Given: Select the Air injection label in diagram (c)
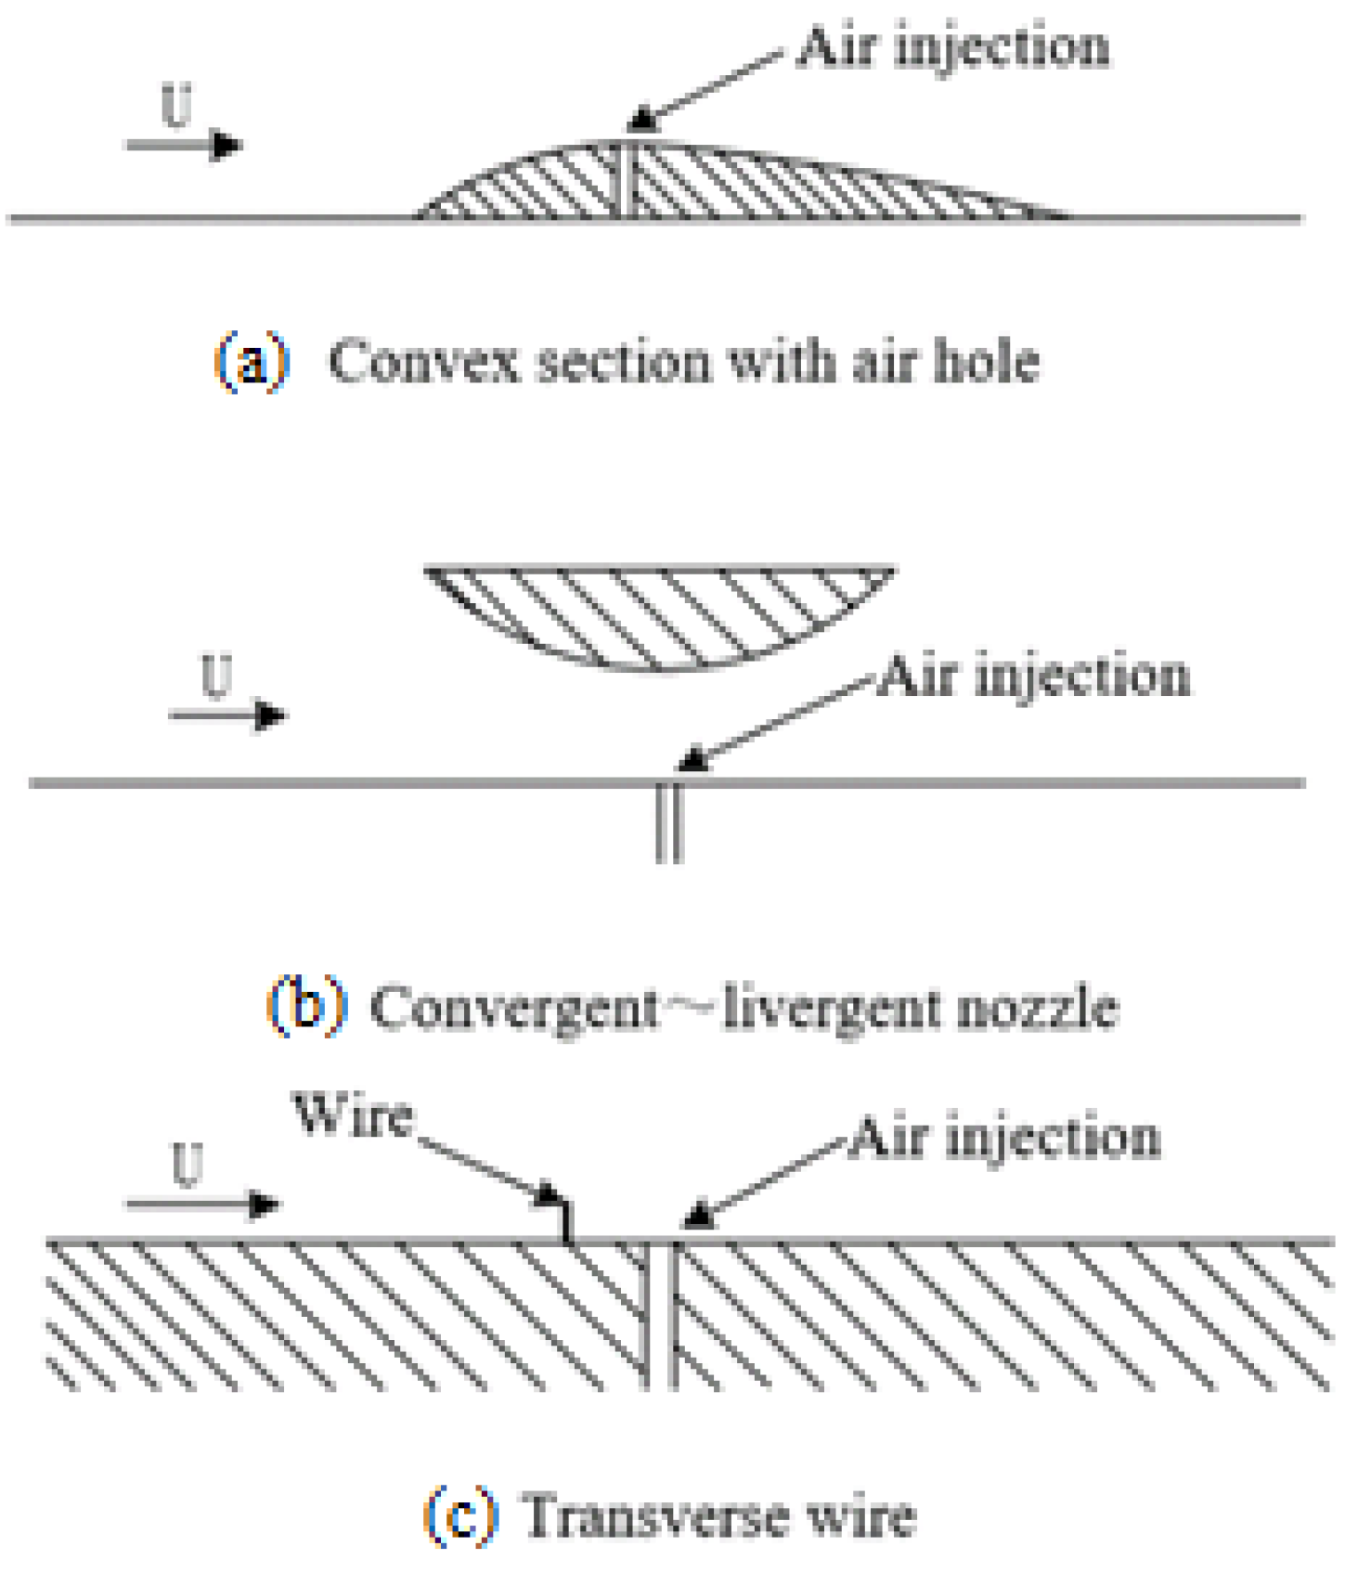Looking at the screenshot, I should click(x=1003, y=1137).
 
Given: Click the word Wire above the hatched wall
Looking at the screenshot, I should click(x=353, y=1115).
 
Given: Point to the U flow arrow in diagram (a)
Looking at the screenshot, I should click(x=184, y=145).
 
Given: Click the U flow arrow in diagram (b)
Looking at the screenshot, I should click(x=226, y=715).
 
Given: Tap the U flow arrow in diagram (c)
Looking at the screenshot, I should click(x=202, y=1204).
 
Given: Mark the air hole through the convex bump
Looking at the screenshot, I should click(x=627, y=181).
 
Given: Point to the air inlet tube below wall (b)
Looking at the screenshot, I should click(x=669, y=824).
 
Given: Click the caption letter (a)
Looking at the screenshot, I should click(x=252, y=361).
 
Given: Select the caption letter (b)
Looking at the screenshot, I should click(x=305, y=1006).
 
